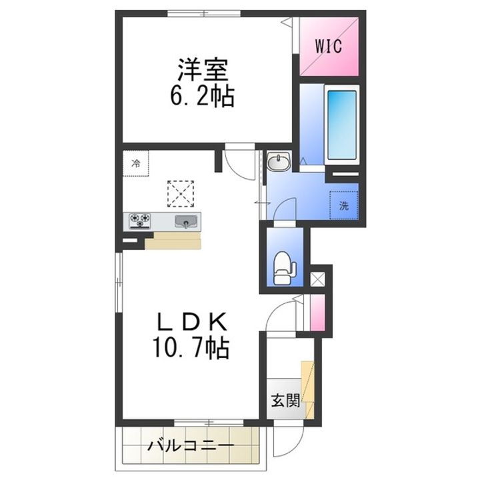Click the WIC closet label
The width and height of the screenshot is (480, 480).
pyautogui.click(x=329, y=47)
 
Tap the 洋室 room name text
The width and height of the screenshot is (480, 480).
pyautogui.click(x=203, y=70)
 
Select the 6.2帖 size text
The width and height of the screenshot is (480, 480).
pyautogui.click(x=203, y=97)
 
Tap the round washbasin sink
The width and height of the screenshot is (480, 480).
pyautogui.click(x=278, y=163)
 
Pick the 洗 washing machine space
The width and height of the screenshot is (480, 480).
pyautogui.click(x=343, y=205)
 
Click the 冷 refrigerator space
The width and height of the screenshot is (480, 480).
pyautogui.click(x=135, y=163)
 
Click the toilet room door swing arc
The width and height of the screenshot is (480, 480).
pyautogui.click(x=285, y=212)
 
